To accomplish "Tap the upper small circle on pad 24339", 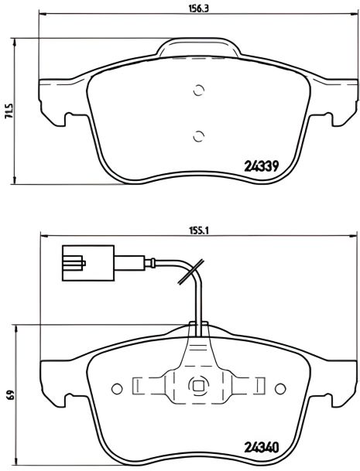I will (197, 90).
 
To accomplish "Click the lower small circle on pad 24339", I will (197, 138).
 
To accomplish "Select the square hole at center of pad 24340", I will (197, 387).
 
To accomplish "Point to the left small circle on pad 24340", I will (117, 387).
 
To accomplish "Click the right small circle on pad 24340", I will (278, 387).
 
